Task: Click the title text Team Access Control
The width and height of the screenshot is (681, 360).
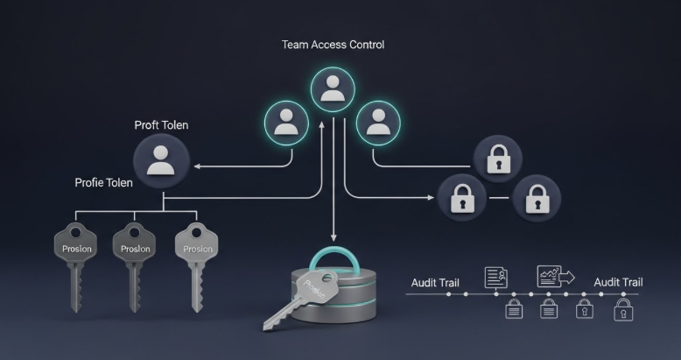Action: tap(333, 45)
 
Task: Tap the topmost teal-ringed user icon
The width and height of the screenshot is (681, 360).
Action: tap(333, 88)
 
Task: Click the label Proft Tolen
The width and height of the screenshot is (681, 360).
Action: tap(161, 125)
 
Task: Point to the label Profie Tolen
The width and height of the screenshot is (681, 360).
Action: tap(103, 183)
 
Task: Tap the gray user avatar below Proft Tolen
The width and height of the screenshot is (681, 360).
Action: tap(161, 161)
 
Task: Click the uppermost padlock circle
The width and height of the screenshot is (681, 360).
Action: tap(497, 159)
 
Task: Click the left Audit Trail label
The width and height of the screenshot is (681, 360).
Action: tap(435, 283)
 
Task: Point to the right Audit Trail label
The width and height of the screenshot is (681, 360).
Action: tap(618, 282)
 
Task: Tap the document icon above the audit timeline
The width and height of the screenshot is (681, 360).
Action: tap(496, 278)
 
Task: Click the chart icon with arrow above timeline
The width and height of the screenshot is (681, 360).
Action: tap(552, 276)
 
